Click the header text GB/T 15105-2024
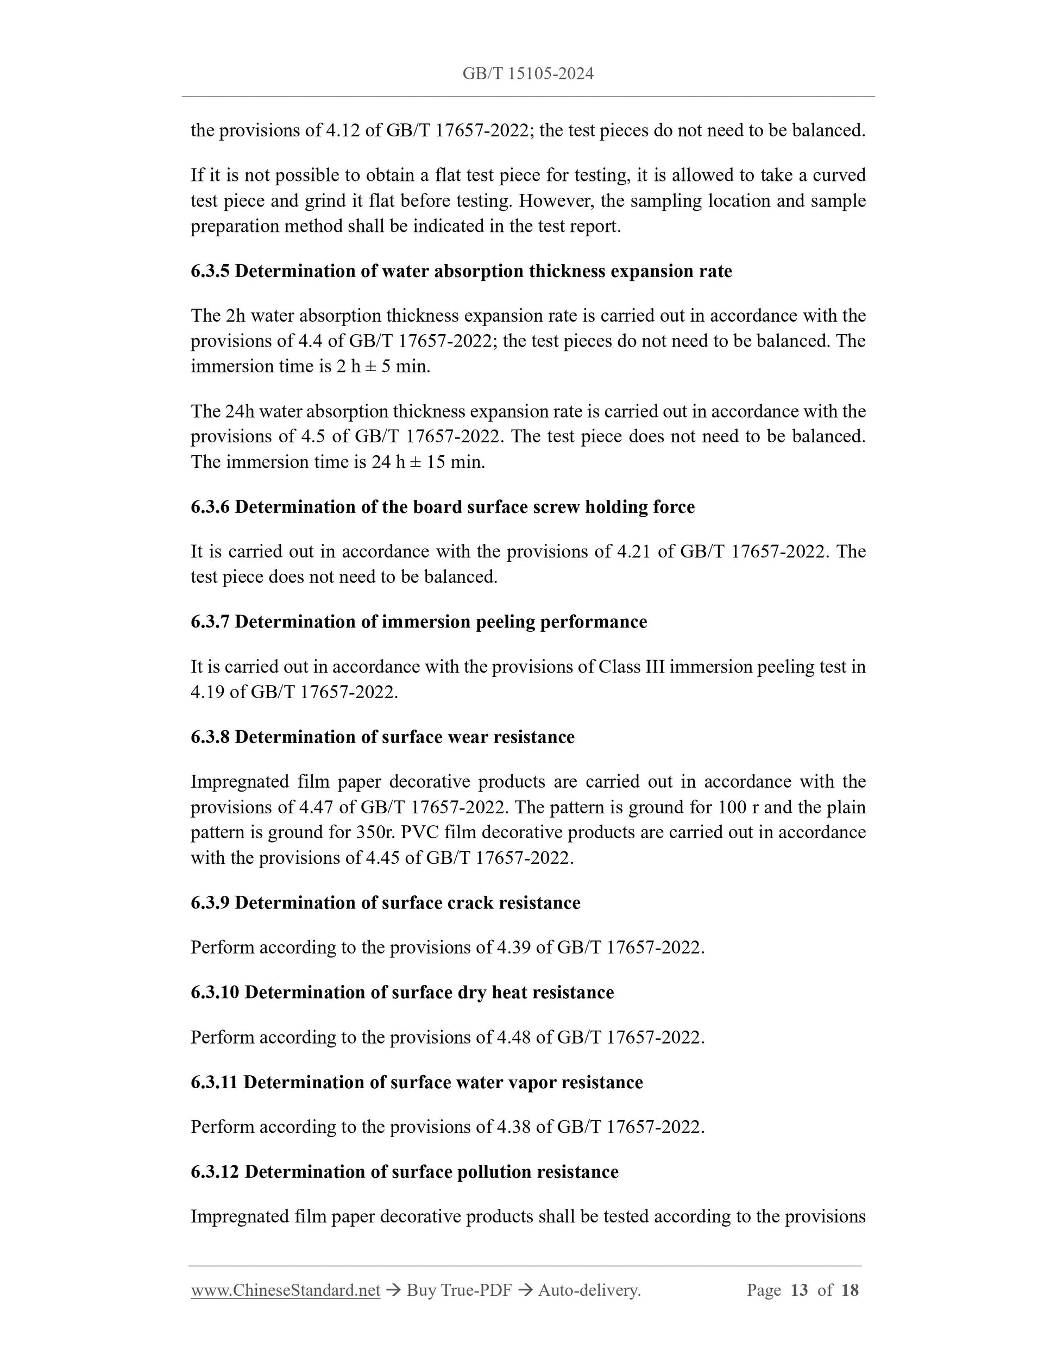tap(528, 74)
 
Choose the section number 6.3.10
tap(215, 992)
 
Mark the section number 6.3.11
tap(214, 1082)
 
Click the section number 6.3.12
tap(215, 1172)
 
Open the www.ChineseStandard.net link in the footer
tap(286, 1290)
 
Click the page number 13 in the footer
tap(799, 1290)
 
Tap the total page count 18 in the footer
tap(850, 1290)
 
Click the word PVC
tap(421, 832)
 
